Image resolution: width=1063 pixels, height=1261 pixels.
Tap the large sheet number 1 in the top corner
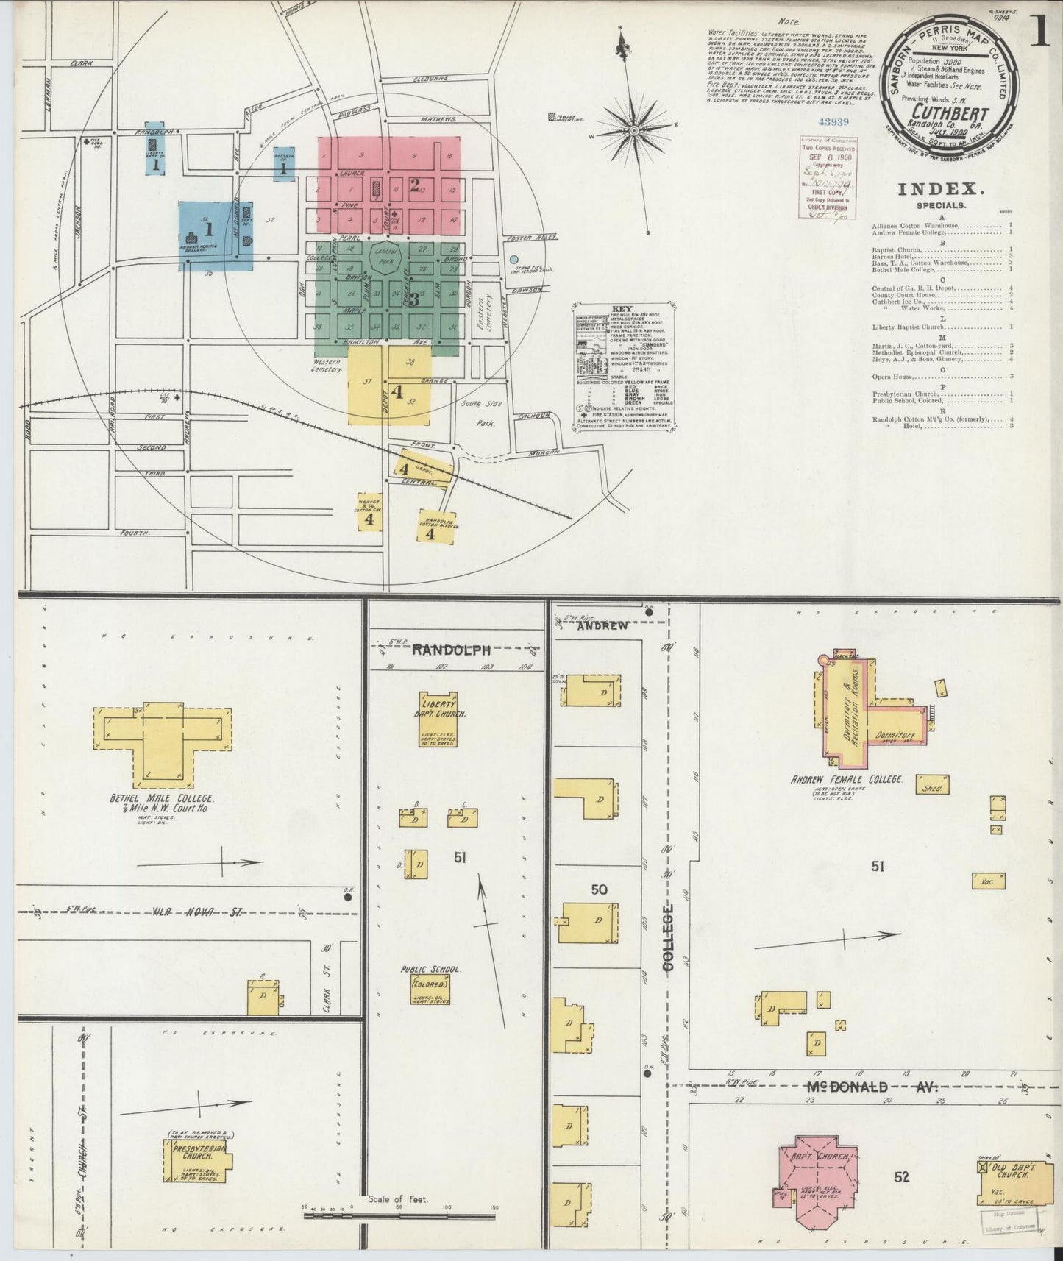(1039, 31)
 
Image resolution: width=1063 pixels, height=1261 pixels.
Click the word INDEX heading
(931, 190)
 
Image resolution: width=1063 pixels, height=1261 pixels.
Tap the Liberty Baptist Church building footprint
(438, 718)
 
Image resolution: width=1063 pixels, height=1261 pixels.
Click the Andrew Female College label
(846, 779)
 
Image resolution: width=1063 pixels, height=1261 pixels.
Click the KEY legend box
(624, 365)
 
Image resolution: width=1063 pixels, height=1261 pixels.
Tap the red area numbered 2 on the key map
(390, 184)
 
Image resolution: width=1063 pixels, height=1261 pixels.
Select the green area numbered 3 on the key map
(390, 298)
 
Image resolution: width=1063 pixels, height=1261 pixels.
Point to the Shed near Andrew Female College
(932, 786)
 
